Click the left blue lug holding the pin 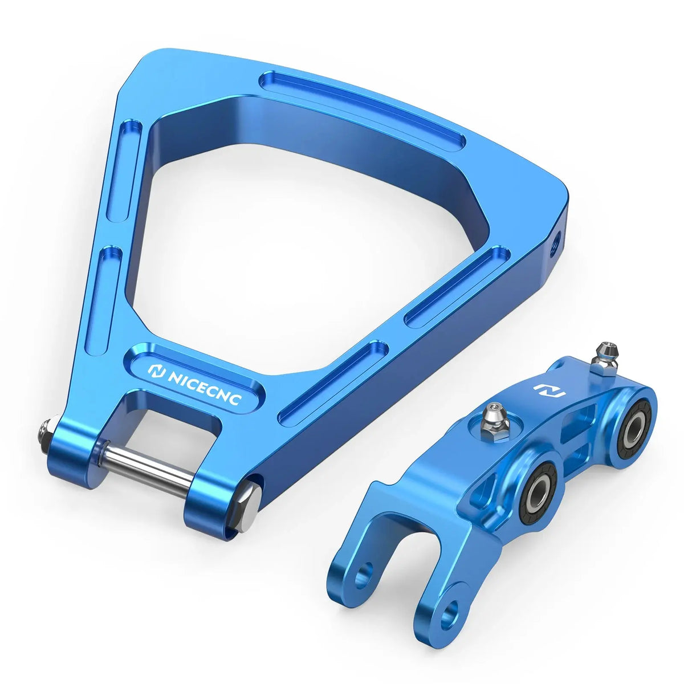point(71,461)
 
